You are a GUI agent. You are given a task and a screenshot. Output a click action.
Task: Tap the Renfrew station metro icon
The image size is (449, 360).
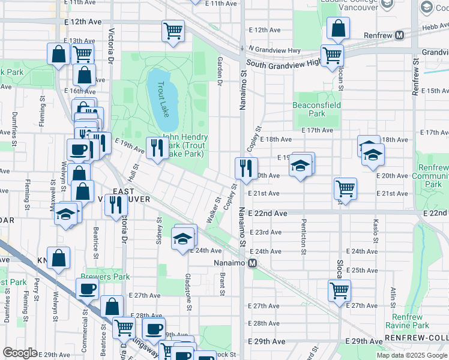tap(399, 35)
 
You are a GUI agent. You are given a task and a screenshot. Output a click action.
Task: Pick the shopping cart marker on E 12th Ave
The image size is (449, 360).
tap(173, 31)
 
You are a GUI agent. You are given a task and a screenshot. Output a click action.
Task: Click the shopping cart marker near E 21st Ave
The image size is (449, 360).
tap(345, 188)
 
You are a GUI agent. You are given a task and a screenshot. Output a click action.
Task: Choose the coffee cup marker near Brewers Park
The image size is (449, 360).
tap(87, 289)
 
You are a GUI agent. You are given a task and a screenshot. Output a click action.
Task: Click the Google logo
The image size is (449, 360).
tap(20, 353)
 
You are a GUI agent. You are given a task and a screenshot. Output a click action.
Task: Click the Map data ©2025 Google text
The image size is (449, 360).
tap(411, 355)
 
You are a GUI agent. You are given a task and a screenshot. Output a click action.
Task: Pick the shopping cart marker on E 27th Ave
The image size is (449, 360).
tap(339, 290)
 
